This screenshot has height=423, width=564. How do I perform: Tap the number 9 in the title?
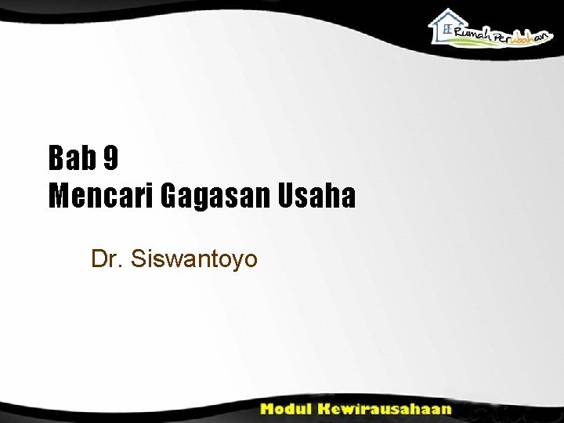[x=110, y=159]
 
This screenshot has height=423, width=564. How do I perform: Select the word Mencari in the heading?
[x=101, y=196]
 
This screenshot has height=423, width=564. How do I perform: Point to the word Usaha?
[x=313, y=196]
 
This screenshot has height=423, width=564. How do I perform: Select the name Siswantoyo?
[x=195, y=259]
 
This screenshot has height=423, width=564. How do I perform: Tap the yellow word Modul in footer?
[x=286, y=408]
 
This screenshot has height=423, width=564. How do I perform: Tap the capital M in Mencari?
[x=59, y=196]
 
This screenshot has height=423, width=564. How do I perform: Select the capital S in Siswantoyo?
[x=139, y=258]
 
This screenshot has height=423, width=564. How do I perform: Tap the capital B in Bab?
[x=57, y=159]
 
